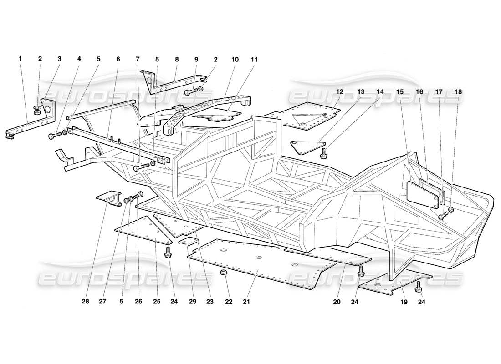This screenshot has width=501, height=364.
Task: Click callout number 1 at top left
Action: tap(20, 59)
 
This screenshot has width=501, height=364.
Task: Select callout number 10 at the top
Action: tap(235, 59)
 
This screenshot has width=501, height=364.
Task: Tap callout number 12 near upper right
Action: tap(340, 91)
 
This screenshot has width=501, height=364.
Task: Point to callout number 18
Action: tap(458, 91)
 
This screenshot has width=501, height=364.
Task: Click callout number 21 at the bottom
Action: tap(246, 301)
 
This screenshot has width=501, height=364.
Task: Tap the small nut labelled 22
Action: tap(224, 273)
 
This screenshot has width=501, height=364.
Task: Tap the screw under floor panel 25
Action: tap(169, 252)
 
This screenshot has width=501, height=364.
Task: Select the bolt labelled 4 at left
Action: tap(56, 135)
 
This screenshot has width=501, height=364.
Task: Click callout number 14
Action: tap(380, 91)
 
